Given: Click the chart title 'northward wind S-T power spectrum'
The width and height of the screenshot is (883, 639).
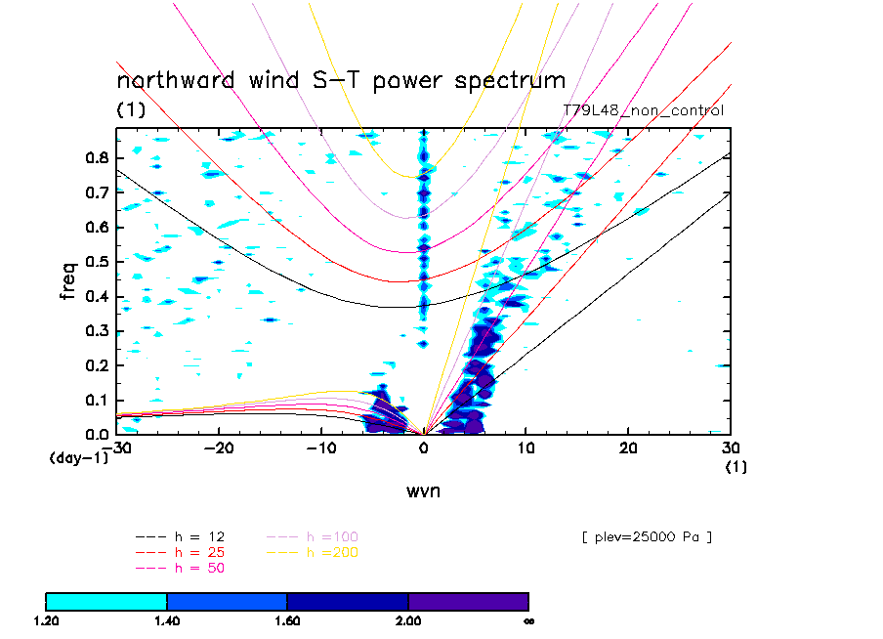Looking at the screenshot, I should point(341,80).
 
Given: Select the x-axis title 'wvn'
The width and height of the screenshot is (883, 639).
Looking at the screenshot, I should point(423,490).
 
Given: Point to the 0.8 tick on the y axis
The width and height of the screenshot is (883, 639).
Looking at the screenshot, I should point(96,157).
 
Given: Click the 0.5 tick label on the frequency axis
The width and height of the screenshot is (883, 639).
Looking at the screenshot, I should point(96,262).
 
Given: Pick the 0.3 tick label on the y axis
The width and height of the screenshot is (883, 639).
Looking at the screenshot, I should point(96,331).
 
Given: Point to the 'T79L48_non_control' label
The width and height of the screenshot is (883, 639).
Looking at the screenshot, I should point(644,110).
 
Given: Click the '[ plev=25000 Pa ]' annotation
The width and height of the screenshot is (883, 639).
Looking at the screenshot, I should point(645,536).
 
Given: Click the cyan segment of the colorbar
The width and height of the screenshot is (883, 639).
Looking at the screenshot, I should point(106,601).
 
